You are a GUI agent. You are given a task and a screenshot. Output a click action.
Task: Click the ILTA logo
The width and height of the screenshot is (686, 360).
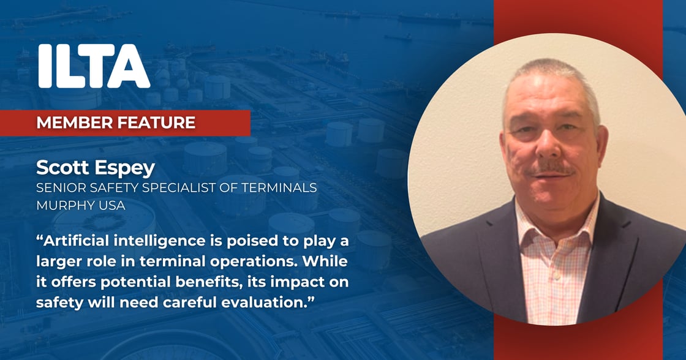click(x=94, y=66)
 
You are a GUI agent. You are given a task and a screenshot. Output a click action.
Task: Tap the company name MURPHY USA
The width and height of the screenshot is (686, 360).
click(x=81, y=205)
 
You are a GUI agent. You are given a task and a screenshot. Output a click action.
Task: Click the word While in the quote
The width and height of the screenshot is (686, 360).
click(x=325, y=261)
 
